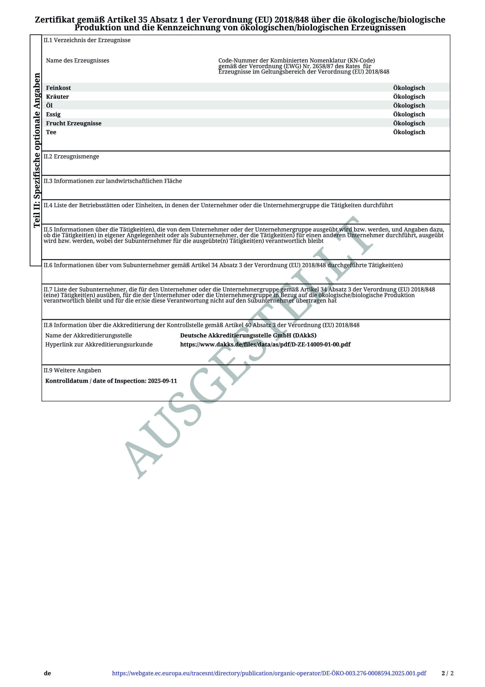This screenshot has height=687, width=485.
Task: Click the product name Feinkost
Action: (x=58, y=88)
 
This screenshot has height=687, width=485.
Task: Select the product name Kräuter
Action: (x=57, y=97)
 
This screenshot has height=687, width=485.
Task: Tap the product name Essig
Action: (x=53, y=114)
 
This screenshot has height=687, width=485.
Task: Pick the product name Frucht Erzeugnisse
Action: (x=73, y=123)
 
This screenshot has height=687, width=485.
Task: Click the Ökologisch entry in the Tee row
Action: (x=409, y=132)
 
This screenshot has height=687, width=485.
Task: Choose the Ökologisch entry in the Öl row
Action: (x=409, y=106)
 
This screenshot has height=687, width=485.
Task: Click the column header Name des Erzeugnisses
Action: (x=77, y=61)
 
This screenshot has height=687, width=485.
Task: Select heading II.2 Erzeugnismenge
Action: (x=71, y=156)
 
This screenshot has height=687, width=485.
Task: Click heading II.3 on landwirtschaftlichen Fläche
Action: (x=113, y=181)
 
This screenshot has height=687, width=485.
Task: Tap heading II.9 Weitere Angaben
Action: (x=72, y=370)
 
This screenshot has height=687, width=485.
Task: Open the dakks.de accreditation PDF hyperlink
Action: (x=265, y=344)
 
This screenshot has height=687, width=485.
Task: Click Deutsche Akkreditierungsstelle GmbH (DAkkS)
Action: (x=248, y=335)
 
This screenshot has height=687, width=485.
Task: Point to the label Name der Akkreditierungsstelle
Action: (x=88, y=336)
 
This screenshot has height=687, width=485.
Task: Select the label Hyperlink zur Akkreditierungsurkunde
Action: (x=99, y=344)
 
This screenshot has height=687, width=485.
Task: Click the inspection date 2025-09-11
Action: (x=162, y=381)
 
